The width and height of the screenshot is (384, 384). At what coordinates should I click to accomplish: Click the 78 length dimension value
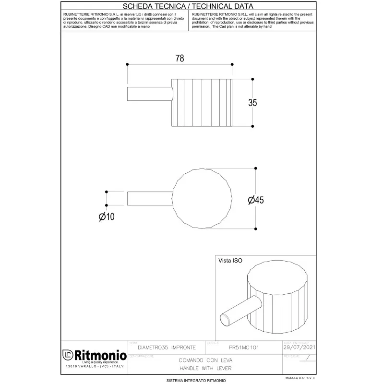(x=180, y=58)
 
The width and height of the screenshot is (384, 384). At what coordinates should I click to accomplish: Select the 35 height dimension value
(x=252, y=102)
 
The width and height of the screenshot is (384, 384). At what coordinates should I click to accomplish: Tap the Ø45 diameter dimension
(x=256, y=201)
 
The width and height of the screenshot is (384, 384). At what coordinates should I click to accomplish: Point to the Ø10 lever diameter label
(x=107, y=217)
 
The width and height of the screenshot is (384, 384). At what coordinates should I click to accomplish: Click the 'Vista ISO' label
(x=230, y=261)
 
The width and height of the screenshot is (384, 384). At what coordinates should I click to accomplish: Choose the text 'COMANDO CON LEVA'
(x=205, y=360)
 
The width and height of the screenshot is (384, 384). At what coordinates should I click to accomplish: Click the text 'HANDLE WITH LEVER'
(x=205, y=368)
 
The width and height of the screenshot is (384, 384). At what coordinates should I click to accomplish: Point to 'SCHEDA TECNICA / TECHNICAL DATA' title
(x=189, y=6)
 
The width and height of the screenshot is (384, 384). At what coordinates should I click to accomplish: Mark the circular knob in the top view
(x=202, y=199)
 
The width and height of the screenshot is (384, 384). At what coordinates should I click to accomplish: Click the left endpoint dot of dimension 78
(x=127, y=64)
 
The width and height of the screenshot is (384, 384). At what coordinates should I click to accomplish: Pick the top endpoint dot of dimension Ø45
(x=255, y=168)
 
